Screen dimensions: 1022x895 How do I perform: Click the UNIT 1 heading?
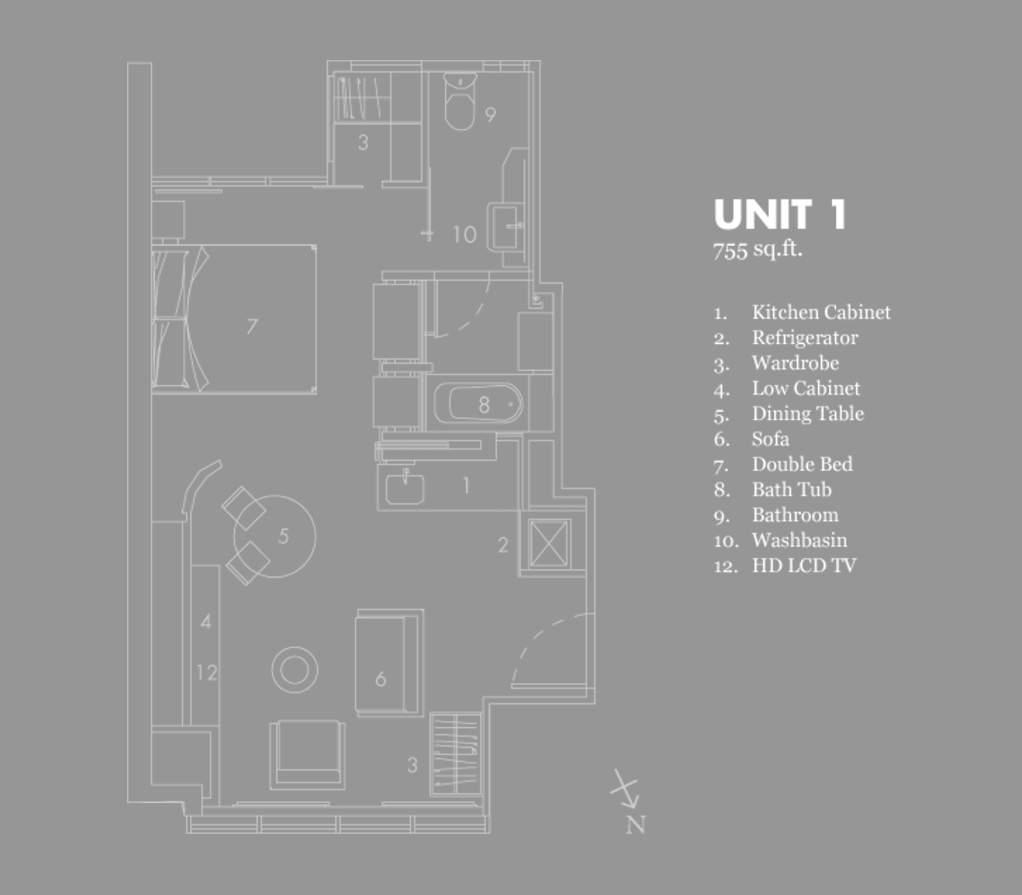pos(780,215)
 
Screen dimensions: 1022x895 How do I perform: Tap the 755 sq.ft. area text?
pos(757,250)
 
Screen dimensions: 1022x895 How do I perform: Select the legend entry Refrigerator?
pos(805,338)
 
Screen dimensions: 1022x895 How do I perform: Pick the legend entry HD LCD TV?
pos(803,566)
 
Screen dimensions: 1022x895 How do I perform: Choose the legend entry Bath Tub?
pos(791,490)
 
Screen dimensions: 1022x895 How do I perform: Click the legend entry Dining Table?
pos(807,414)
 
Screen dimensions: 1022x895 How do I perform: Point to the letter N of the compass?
pos(635,825)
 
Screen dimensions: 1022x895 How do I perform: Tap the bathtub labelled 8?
pos(478,404)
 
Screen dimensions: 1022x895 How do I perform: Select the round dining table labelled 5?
pos(275,536)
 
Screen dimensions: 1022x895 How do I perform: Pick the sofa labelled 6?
pos(387,663)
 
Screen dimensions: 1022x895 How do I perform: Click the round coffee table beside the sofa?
pos(294,670)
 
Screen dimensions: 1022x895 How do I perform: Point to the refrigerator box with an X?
pos(548,543)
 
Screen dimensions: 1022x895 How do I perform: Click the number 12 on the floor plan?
pos(206,672)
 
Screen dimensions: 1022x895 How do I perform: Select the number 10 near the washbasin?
pos(464,235)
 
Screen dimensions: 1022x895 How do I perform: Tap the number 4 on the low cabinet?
pos(205,622)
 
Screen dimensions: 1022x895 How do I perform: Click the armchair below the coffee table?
pos(307,754)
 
